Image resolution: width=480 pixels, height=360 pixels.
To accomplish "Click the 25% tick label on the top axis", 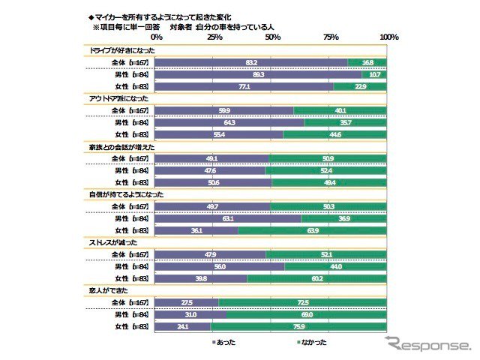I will (214, 37).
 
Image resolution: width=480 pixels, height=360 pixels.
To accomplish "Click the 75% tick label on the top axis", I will (330, 37).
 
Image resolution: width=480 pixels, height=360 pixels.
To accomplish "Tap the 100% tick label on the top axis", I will (388, 37).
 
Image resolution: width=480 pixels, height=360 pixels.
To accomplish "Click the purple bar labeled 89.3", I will (259, 75).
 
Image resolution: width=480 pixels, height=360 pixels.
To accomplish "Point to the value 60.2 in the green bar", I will (317, 279).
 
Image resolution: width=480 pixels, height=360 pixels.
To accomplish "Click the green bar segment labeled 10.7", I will (375, 75).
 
